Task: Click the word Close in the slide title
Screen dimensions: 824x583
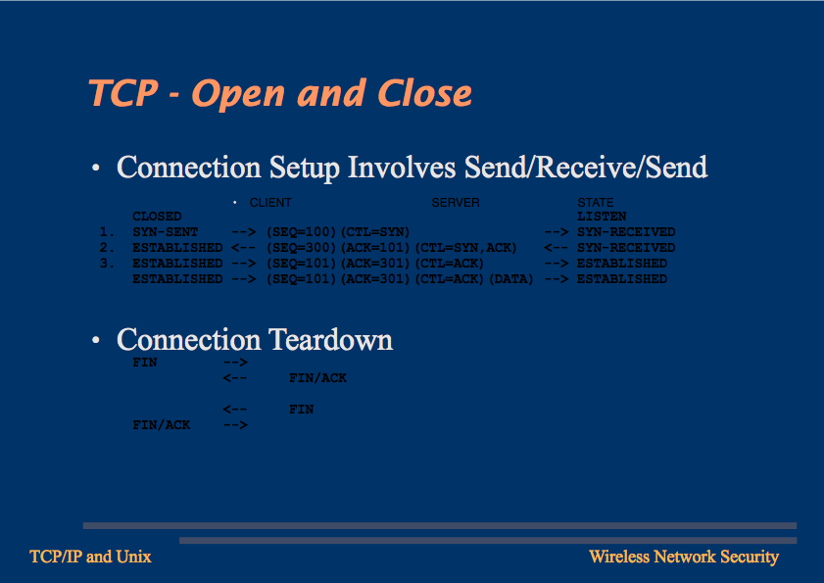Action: [424, 93]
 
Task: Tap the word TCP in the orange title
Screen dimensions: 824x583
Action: [123, 93]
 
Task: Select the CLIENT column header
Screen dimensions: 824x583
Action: [270, 203]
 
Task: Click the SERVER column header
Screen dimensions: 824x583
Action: [455, 203]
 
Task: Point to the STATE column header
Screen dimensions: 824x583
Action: [596, 203]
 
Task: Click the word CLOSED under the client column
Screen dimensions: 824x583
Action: [157, 217]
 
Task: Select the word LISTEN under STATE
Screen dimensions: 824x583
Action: [602, 217]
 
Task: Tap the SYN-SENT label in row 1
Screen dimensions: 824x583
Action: [165, 232]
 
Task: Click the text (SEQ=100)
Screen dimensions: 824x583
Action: [301, 232]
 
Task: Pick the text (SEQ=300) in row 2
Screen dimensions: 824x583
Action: [301, 248]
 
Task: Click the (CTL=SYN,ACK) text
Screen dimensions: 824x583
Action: [465, 248]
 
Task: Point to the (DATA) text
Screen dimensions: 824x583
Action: [510, 279]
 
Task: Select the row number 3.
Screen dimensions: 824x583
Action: [107, 263]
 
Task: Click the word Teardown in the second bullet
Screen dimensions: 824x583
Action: [330, 340]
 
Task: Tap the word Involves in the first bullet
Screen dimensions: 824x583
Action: [402, 168]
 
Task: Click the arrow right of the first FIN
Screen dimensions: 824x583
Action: [235, 363]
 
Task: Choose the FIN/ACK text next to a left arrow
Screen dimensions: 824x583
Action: [317, 378]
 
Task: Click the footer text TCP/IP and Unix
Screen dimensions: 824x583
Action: [90, 557]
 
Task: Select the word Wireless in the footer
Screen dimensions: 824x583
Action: [619, 557]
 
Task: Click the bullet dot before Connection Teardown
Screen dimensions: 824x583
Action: [96, 340]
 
